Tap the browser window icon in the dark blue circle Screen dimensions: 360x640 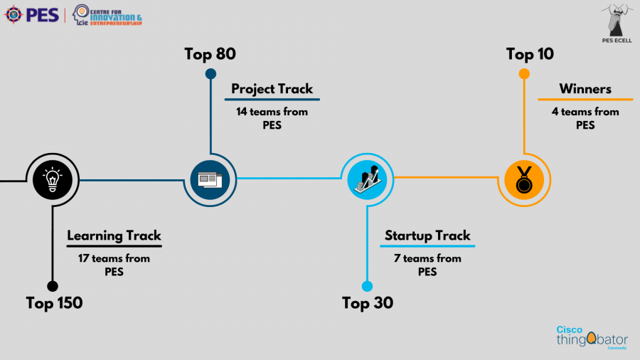coord(210,179)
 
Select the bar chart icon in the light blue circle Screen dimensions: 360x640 coord(367,179)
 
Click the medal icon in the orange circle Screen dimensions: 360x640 coord(524,179)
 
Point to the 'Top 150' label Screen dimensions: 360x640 coord(54,303)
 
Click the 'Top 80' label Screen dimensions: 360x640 coord(210,54)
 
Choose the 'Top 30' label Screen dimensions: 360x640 coord(367,303)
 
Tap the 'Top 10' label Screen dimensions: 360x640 coord(530,54)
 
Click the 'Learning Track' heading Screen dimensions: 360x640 coord(114,235)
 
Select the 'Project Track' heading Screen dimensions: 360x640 coord(272,89)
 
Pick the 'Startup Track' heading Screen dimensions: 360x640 coord(427,235)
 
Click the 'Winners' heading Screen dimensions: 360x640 coord(585,89)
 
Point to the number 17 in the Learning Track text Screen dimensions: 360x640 coord(85,258)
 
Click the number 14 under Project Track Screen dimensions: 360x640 coord(242,112)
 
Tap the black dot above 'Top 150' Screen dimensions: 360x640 coord(52,286)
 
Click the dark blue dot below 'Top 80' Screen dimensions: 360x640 coord(210,73)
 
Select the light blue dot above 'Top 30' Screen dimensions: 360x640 coord(367,286)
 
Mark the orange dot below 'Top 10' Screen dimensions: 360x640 coord(525,73)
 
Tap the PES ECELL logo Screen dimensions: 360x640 coord(616,23)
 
